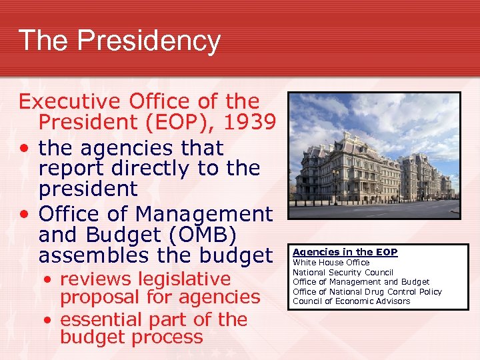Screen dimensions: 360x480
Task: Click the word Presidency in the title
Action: pyautogui.click(x=149, y=41)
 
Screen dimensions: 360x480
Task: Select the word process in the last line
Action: pyautogui.click(x=167, y=337)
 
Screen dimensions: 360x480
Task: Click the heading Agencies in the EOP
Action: pyautogui.click(x=345, y=252)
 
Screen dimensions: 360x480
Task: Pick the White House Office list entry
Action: pyautogui.click(x=331, y=263)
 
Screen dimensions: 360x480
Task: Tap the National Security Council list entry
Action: pyautogui.click(x=343, y=272)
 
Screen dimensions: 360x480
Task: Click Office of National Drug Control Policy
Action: pyautogui.click(x=367, y=291)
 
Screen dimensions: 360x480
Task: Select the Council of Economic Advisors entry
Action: pyautogui.click(x=351, y=301)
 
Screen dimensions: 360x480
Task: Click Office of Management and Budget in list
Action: pyautogui.click(x=361, y=282)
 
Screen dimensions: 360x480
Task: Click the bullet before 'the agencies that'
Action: pyautogui.click(x=25, y=148)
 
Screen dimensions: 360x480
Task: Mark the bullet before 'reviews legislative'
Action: pyautogui.click(x=49, y=279)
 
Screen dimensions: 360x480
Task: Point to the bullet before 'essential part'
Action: pyautogui.click(x=49, y=320)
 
